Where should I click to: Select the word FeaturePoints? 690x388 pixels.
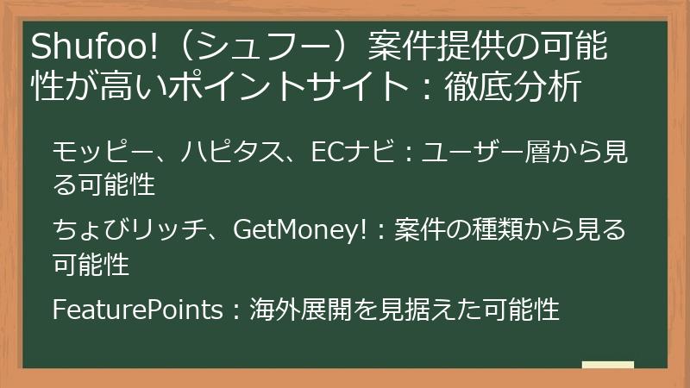137,309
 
